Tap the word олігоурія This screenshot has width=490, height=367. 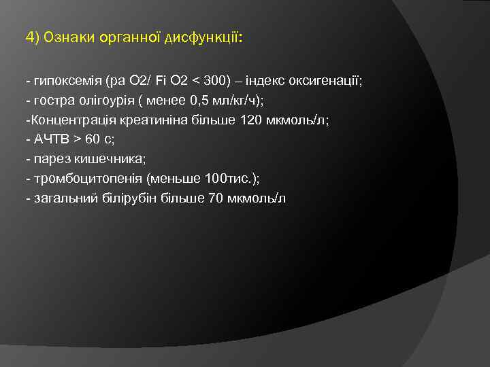point(95,101)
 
